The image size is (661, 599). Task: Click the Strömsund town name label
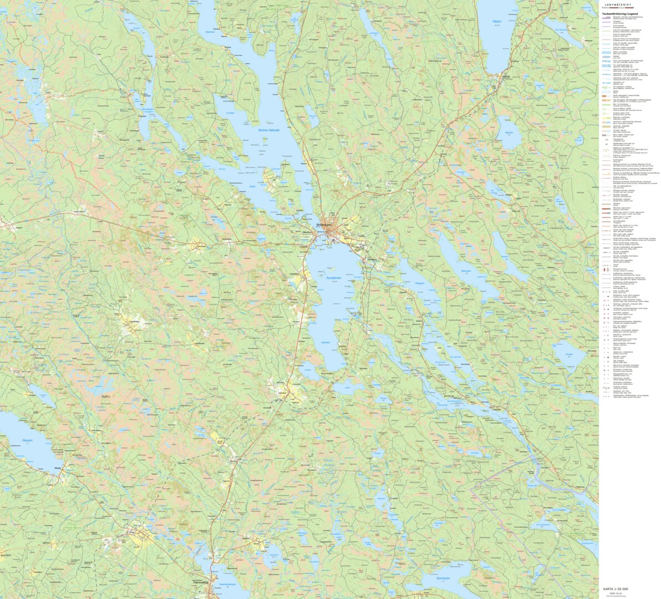pyautogui.click(x=323, y=225)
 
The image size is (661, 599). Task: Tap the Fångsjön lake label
pyautogui.click(x=419, y=283)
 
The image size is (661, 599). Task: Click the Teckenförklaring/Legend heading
pyautogui.click(x=620, y=13)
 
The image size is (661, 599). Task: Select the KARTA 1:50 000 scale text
pyautogui.click(x=616, y=589)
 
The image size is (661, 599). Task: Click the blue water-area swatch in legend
pyautogui.click(x=608, y=52)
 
